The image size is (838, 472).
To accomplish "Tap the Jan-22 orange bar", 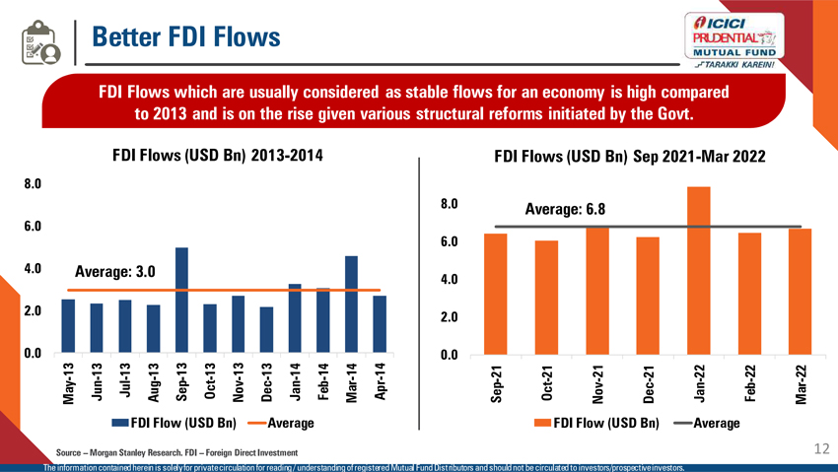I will click(x=698, y=271).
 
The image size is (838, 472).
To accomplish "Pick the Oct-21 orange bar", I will click(x=546, y=298).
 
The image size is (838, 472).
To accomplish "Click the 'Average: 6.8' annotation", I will click(x=565, y=209).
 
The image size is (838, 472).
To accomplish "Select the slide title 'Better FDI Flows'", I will click(x=186, y=37).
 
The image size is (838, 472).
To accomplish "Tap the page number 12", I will click(x=823, y=449).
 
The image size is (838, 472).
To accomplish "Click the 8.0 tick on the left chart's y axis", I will click(x=33, y=183).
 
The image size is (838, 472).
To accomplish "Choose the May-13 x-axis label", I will click(x=68, y=382).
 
